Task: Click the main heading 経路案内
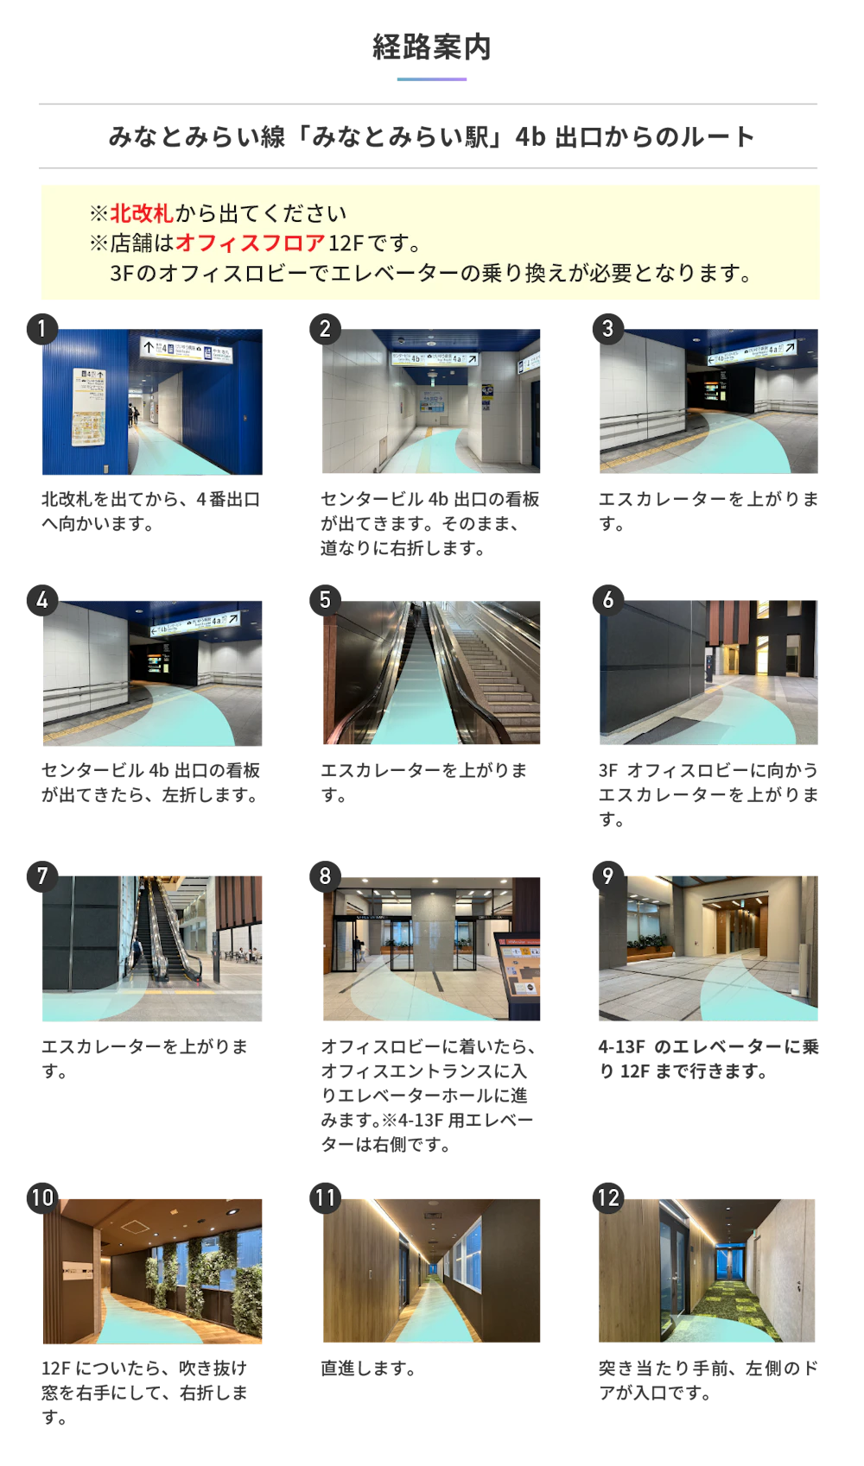point(432,47)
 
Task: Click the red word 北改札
point(142,213)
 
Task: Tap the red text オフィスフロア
point(251,243)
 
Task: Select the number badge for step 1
point(42,329)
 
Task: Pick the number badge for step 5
point(326,600)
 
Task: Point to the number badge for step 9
point(608,875)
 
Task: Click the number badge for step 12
point(608,1197)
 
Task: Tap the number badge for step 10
point(42,1197)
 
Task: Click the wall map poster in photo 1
point(88,407)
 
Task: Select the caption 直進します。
point(368,1368)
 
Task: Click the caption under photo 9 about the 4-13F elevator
point(708,1059)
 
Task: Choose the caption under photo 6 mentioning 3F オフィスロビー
point(708,794)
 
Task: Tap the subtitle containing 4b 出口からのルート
point(432,136)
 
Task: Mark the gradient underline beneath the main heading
point(432,79)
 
